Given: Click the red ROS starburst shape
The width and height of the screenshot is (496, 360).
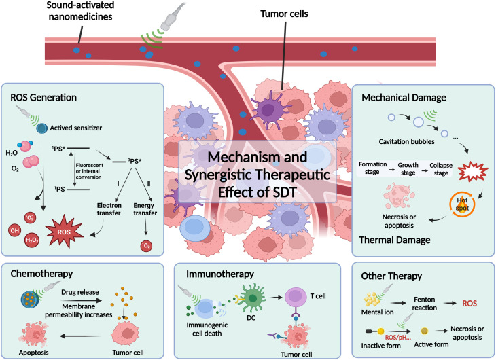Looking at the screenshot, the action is pos(65,231).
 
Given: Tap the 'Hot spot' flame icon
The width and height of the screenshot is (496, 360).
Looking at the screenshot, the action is pos(462,204).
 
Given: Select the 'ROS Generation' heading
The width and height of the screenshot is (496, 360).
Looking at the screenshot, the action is pos(43,97).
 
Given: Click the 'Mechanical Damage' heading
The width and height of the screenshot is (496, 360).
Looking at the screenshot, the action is pos(404,97).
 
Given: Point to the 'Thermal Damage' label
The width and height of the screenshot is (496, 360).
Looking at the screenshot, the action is pos(395,240).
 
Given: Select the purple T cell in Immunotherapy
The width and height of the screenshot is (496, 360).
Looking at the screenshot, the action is pos(296,298).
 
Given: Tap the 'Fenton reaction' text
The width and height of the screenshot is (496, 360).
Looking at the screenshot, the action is pos(425,304).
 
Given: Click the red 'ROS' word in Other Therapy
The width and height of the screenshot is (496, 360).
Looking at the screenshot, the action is pos(470,304).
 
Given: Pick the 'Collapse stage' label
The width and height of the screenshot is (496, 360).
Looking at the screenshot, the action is pos(441,169).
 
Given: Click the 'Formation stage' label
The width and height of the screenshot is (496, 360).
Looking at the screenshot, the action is pos(372,168).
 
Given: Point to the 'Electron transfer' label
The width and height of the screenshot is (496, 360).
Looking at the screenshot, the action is pos(109,209).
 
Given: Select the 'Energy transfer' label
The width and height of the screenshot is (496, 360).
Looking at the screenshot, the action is pos(145,209).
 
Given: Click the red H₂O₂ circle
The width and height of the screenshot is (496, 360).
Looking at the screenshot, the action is pos(32,240).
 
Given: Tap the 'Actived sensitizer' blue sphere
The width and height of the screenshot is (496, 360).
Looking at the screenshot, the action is pos(41,128).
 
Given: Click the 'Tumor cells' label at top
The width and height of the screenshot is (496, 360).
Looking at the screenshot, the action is pos(284,14).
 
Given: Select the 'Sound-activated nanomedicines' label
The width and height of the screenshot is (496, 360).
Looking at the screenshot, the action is pos(80,11).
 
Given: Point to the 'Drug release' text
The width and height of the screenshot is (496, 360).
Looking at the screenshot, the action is pos(80,292).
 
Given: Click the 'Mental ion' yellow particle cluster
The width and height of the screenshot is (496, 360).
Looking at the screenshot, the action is pos(372,299).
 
